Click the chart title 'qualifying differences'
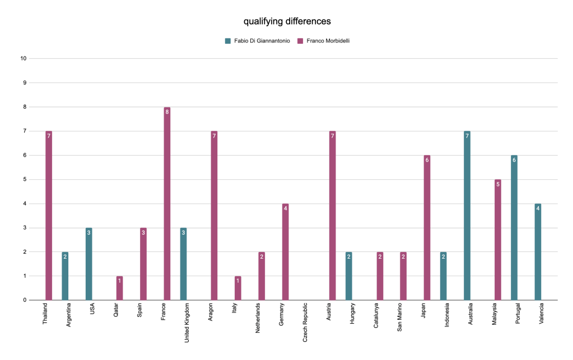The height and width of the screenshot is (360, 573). click(287, 22)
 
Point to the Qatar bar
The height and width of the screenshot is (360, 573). click(119, 288)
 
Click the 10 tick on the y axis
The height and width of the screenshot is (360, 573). click(23, 59)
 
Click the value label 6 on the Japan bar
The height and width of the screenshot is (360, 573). click(426, 160)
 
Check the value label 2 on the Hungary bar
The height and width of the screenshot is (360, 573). click(349, 256)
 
